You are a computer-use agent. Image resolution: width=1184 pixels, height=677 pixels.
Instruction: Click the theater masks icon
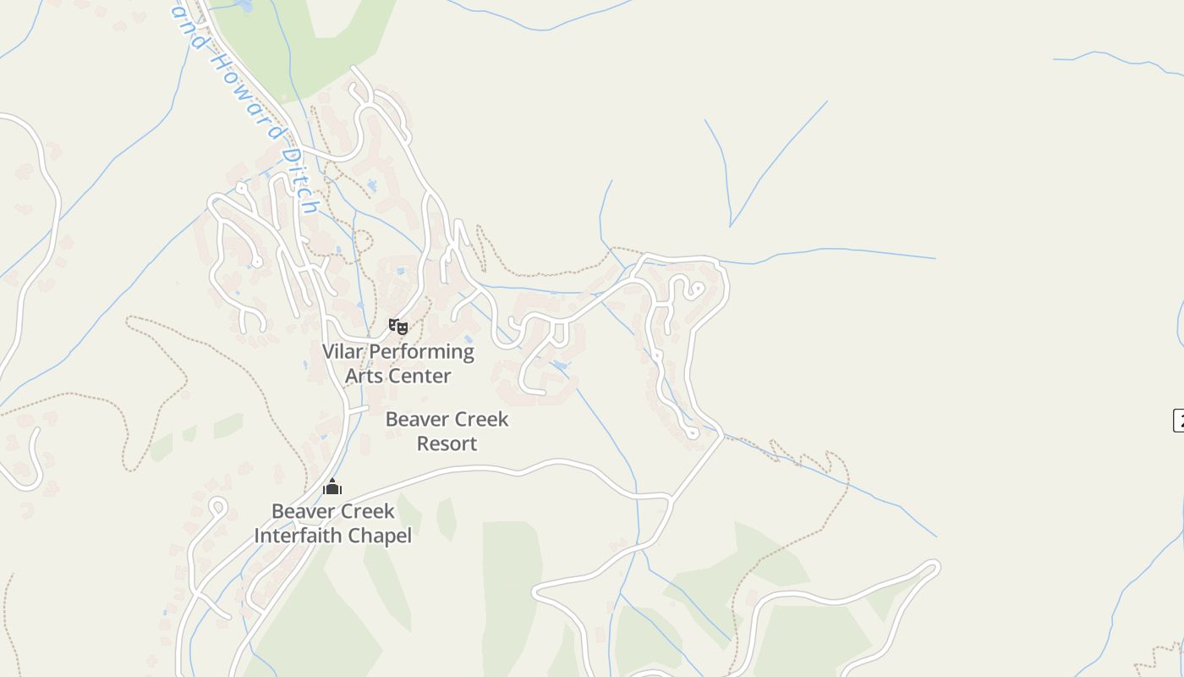click(398, 327)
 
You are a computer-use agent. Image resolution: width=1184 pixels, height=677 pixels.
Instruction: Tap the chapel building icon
click(332, 487)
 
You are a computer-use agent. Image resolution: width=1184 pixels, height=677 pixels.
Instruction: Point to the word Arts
click(365, 376)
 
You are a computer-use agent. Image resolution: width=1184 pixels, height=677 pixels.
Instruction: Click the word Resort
click(447, 443)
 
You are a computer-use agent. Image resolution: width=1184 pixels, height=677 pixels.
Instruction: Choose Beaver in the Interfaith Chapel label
click(301, 511)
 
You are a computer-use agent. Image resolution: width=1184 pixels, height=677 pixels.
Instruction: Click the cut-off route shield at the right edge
click(1178, 420)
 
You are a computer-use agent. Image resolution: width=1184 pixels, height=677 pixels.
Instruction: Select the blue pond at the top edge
click(245, 5)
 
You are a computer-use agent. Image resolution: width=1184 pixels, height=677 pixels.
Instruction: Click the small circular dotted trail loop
click(363, 241)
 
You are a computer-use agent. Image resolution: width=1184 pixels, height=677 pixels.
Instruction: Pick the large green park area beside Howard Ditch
click(304, 42)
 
